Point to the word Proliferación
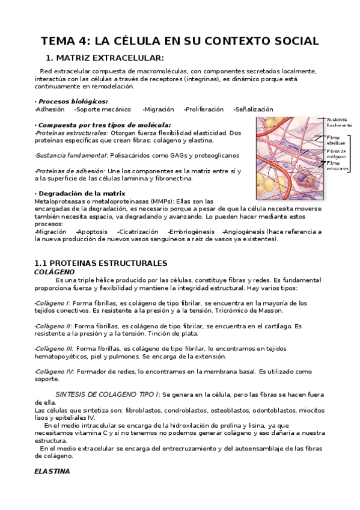pos(204,109)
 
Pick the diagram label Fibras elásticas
pos(335,141)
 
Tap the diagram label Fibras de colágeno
pos(336,153)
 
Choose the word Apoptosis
pos(92,231)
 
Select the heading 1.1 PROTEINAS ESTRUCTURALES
pos(100,263)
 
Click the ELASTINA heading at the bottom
pos(52,471)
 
